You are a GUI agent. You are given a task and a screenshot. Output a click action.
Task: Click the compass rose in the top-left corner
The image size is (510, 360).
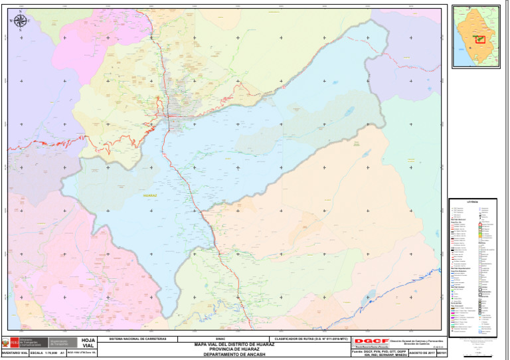click(20, 21)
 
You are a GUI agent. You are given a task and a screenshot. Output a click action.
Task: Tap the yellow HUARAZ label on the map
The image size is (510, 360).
click(150, 196)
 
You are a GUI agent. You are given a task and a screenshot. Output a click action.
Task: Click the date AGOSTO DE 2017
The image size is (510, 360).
click(421, 353)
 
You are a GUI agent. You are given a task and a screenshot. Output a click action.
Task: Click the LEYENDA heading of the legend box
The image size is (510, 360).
click(472, 201)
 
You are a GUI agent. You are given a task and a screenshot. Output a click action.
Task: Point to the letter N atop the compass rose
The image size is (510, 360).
click(20, 11)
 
